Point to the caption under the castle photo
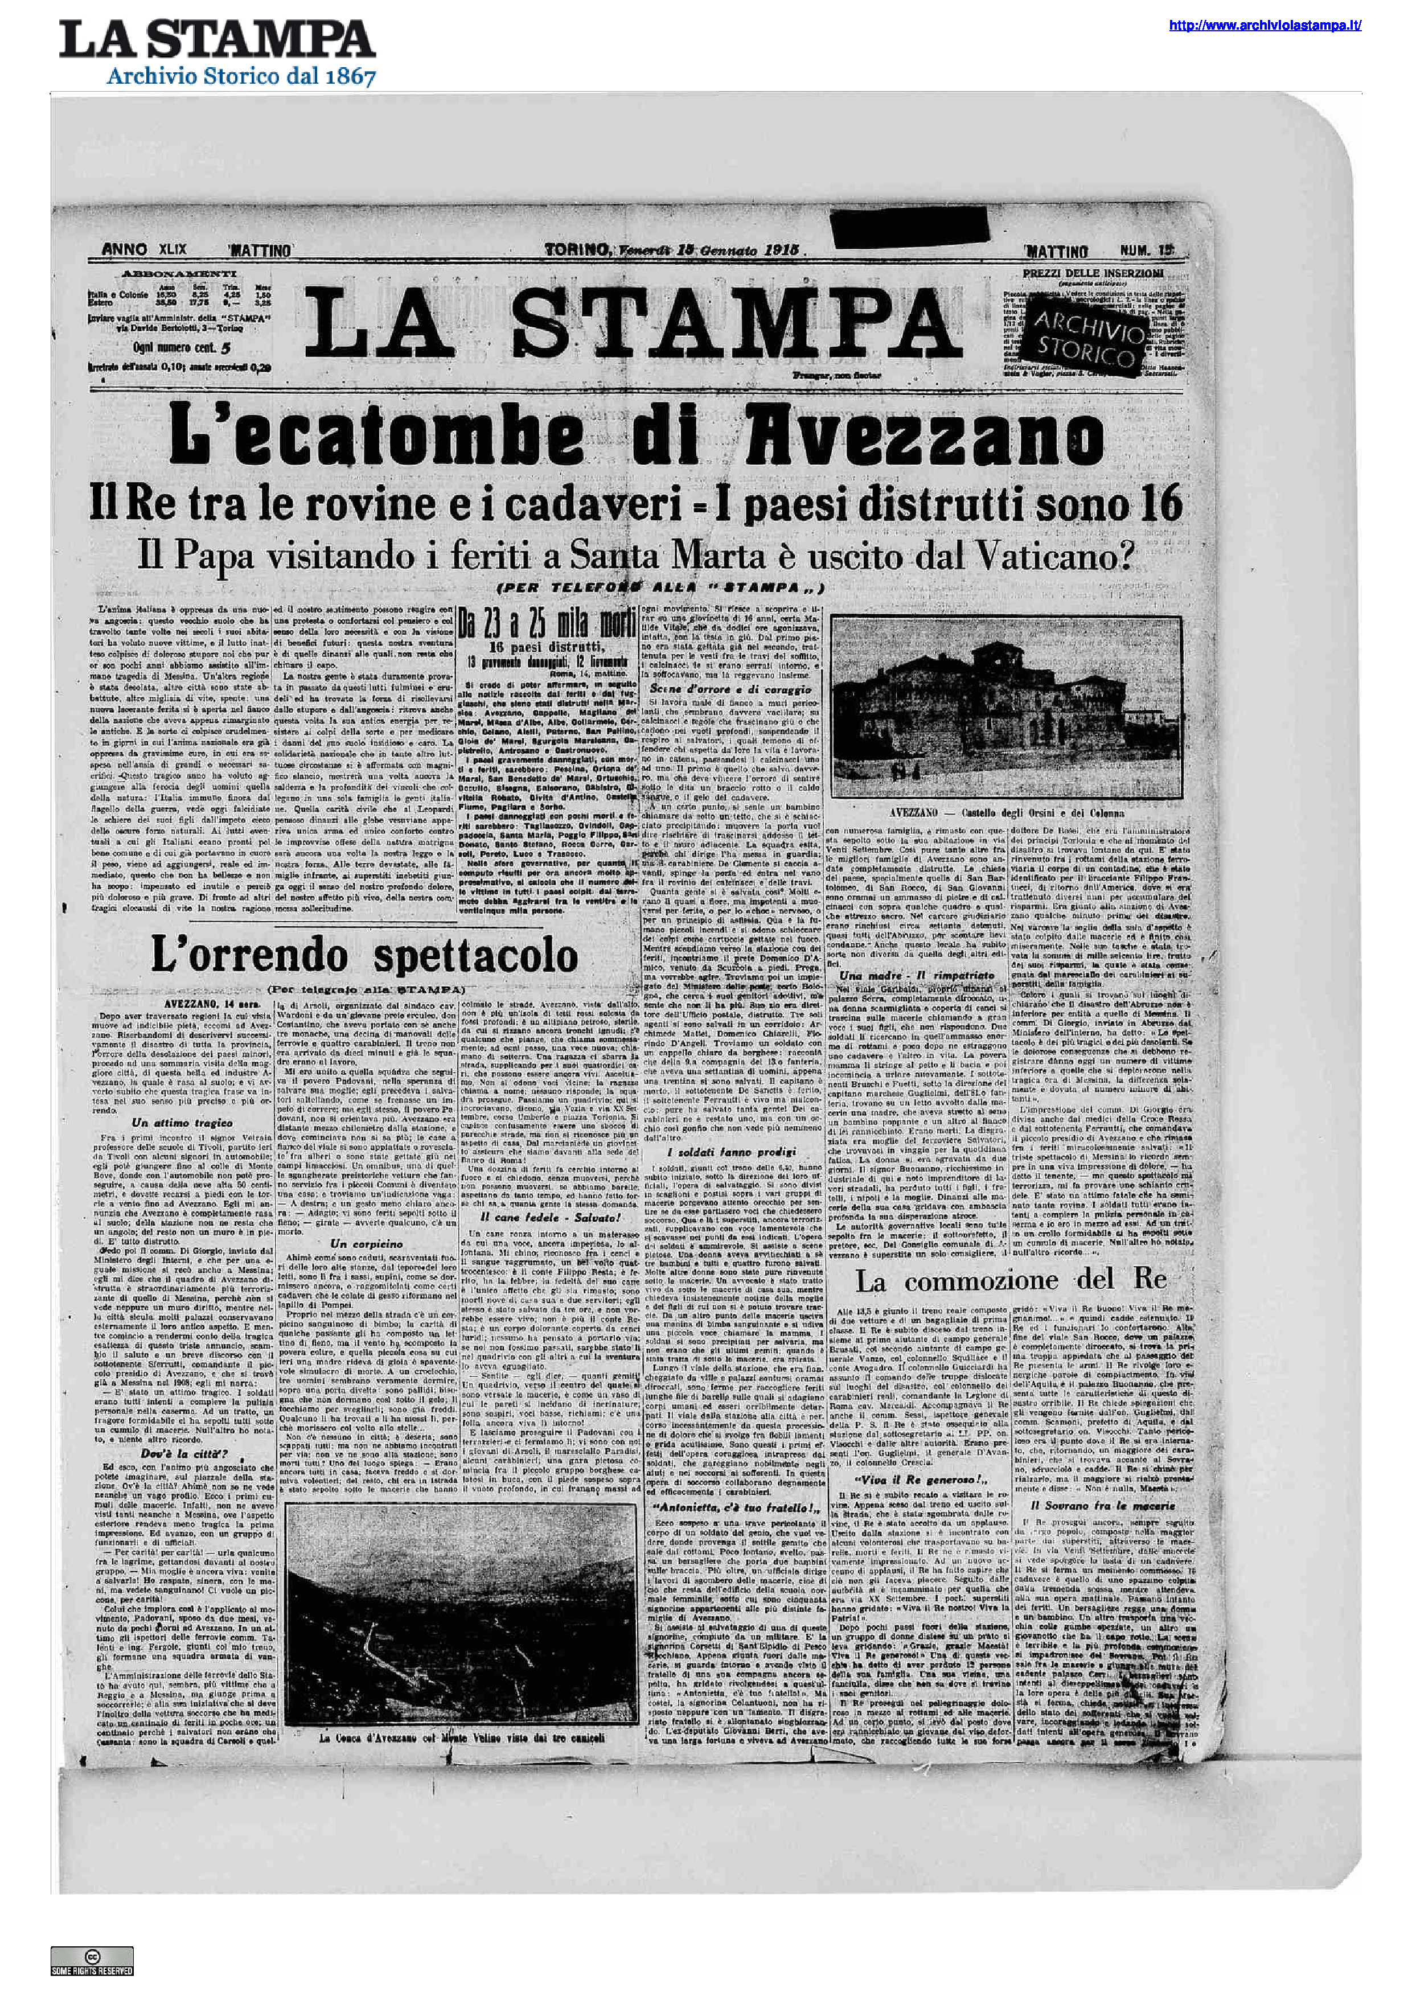pyautogui.click(x=1007, y=812)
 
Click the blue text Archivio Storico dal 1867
pyautogui.click(x=241, y=77)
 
